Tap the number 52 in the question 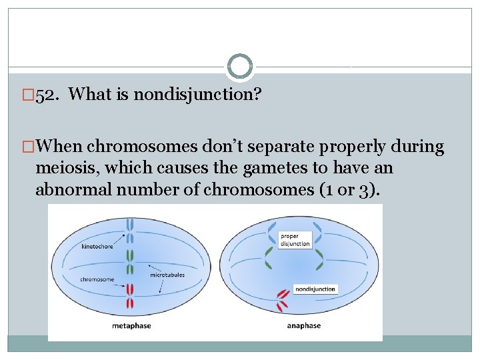45,95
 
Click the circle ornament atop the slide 240,67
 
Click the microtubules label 167,275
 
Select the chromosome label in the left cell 96,279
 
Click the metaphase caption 131,325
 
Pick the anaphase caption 304,325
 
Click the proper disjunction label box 294,240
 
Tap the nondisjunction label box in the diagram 315,289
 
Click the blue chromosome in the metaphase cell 131,231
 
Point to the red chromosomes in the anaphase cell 283,300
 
